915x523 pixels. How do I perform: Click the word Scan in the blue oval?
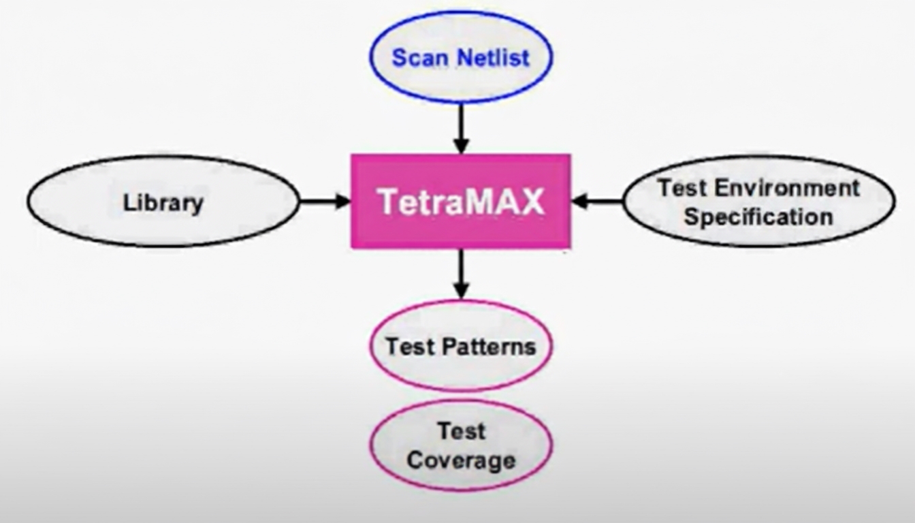(x=415, y=57)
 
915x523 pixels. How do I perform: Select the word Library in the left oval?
(x=163, y=202)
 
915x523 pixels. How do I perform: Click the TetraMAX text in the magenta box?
(x=461, y=201)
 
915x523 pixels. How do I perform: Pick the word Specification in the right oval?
(x=758, y=217)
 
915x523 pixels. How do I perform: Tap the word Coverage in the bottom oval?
(x=461, y=460)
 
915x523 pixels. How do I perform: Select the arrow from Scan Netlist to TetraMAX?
(x=461, y=126)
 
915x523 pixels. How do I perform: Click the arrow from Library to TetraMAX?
(x=323, y=201)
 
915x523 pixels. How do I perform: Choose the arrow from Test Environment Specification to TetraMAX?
(x=598, y=201)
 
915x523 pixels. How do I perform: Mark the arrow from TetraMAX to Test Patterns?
(x=461, y=272)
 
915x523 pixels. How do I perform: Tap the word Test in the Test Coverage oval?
(x=461, y=431)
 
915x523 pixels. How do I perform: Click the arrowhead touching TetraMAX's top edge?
(x=461, y=146)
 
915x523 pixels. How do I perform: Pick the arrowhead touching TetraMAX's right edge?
(x=579, y=201)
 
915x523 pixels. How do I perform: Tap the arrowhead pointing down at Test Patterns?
(x=461, y=291)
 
